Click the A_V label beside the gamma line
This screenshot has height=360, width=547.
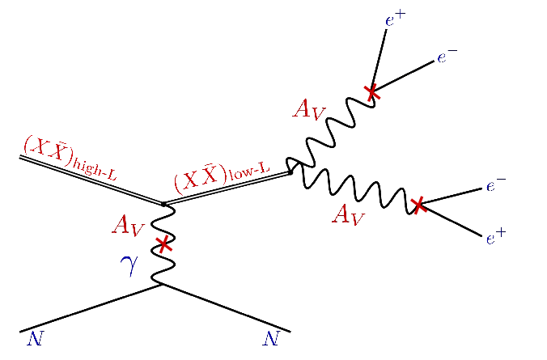(128, 226)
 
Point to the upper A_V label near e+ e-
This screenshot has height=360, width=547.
(311, 108)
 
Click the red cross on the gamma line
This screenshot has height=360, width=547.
(164, 242)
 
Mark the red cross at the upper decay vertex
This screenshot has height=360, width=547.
(371, 91)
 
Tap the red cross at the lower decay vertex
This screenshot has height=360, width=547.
(418, 205)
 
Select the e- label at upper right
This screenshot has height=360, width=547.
(447, 57)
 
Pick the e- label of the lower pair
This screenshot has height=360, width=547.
(495, 187)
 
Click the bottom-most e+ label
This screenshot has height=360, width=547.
(495, 237)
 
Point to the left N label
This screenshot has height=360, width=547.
(34, 339)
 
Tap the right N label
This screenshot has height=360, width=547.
(271, 339)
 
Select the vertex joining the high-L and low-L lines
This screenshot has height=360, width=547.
(164, 204)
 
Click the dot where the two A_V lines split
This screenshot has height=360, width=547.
(290, 172)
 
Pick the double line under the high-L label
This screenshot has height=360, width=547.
(89, 180)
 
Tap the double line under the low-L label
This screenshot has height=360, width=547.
(227, 188)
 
